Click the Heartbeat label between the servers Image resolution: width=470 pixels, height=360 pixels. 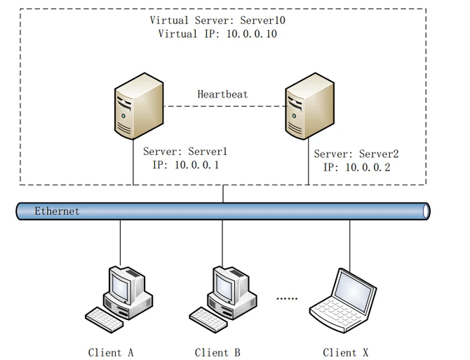coord(222,94)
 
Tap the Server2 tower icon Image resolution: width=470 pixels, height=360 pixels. coord(308,109)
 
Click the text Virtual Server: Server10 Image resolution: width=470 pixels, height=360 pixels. coord(218,20)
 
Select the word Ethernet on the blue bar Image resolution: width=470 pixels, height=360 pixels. coord(57,211)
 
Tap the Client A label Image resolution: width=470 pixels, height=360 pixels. coord(111,352)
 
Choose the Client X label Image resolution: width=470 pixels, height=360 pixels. coord(346,352)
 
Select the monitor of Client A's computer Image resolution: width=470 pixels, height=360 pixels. coord(122,284)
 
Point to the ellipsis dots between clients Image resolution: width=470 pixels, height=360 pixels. coord(288,298)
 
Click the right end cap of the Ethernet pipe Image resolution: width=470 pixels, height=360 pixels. coord(426,211)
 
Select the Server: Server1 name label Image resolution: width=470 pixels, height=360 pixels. coord(185,151)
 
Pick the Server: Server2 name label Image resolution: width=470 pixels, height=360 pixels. coord(356,154)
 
